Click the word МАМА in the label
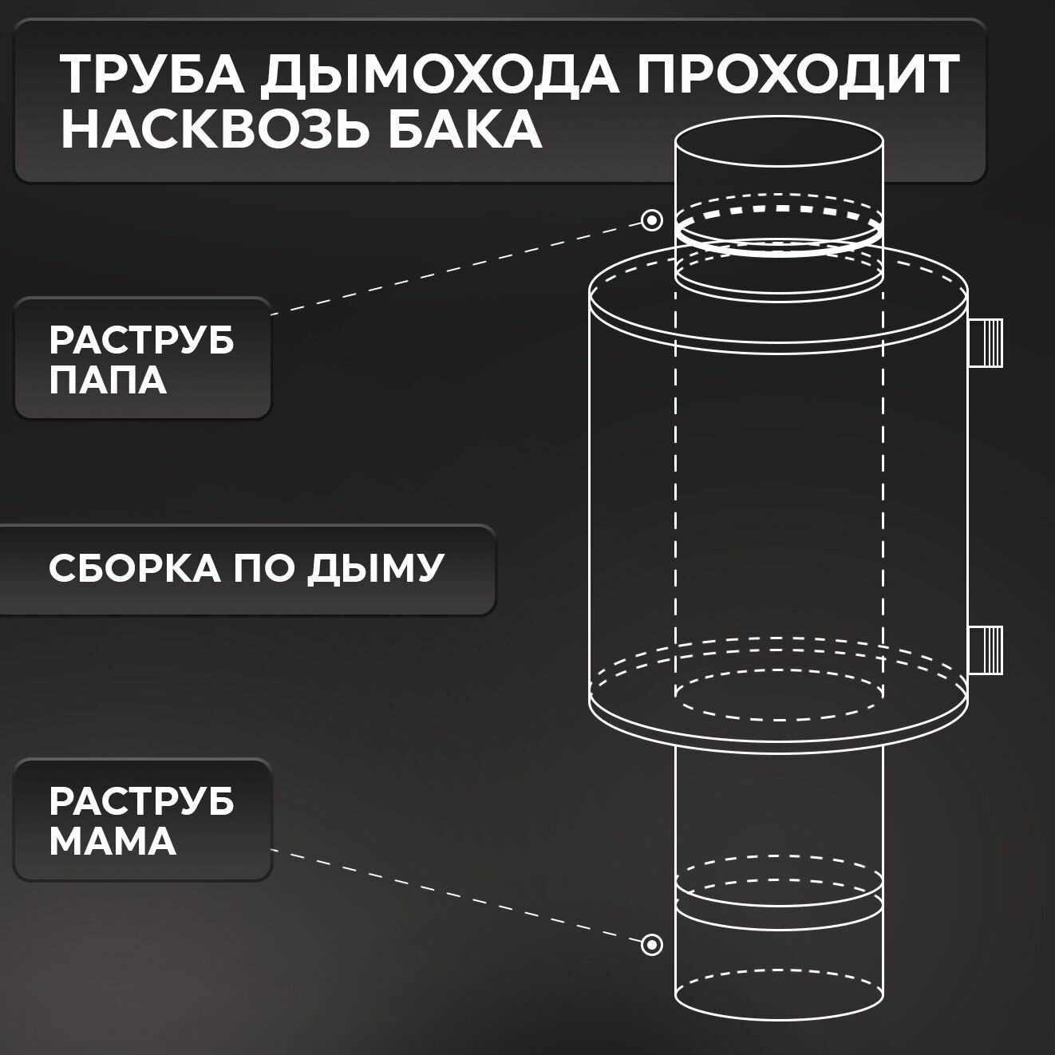point(113,841)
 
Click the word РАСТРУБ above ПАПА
point(142,341)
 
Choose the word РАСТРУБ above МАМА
point(142,802)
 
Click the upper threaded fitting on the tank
point(986,343)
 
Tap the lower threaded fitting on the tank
point(986,649)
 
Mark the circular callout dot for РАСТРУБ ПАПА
point(652,220)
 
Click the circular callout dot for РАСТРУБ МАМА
point(652,945)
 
